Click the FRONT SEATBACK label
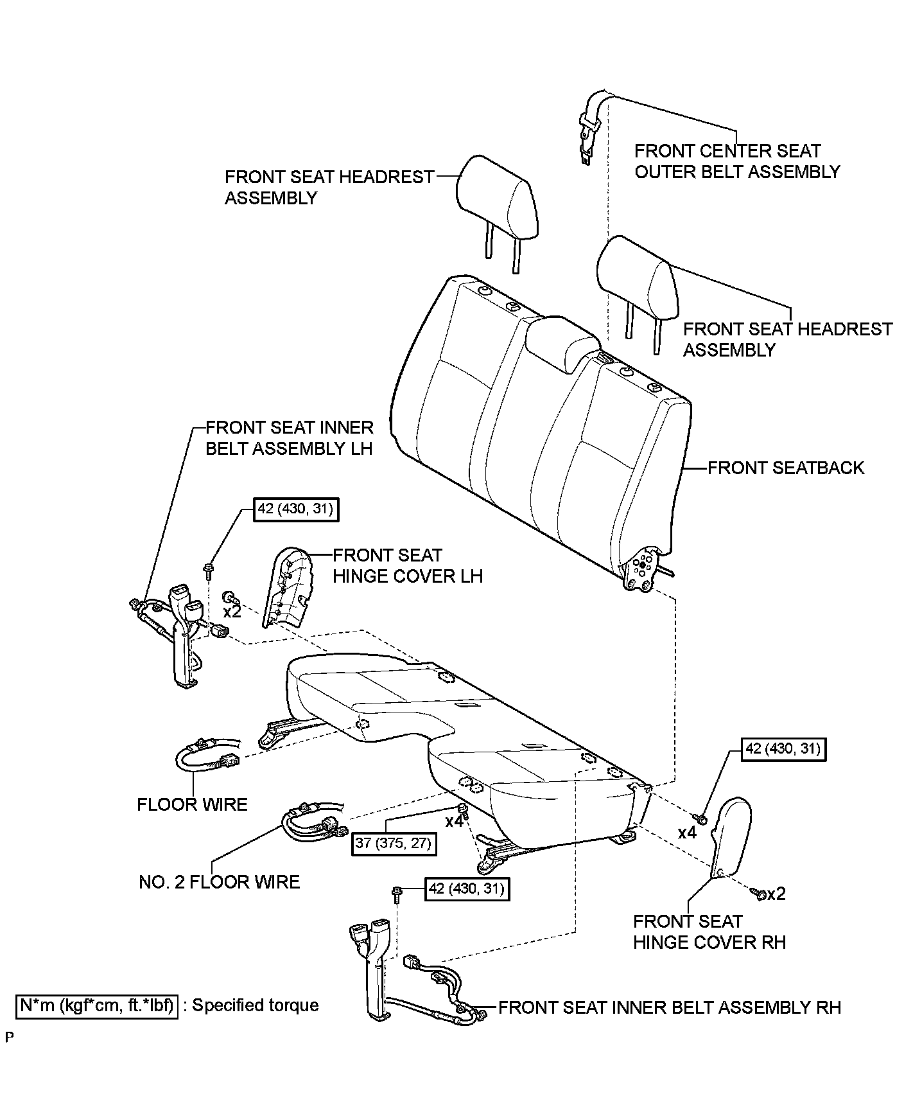785,468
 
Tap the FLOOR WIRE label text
192,804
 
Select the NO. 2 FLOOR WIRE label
219,881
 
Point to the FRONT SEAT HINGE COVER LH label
407,565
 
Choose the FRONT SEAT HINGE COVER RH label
709,932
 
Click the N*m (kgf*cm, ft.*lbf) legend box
96,1005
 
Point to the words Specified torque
256,1005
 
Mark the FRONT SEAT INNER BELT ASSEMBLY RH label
669,1007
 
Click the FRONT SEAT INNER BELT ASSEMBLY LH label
289,438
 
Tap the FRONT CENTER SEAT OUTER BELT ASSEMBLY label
736,161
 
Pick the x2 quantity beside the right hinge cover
776,894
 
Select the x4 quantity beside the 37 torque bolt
454,821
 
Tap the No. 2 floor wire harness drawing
315,822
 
